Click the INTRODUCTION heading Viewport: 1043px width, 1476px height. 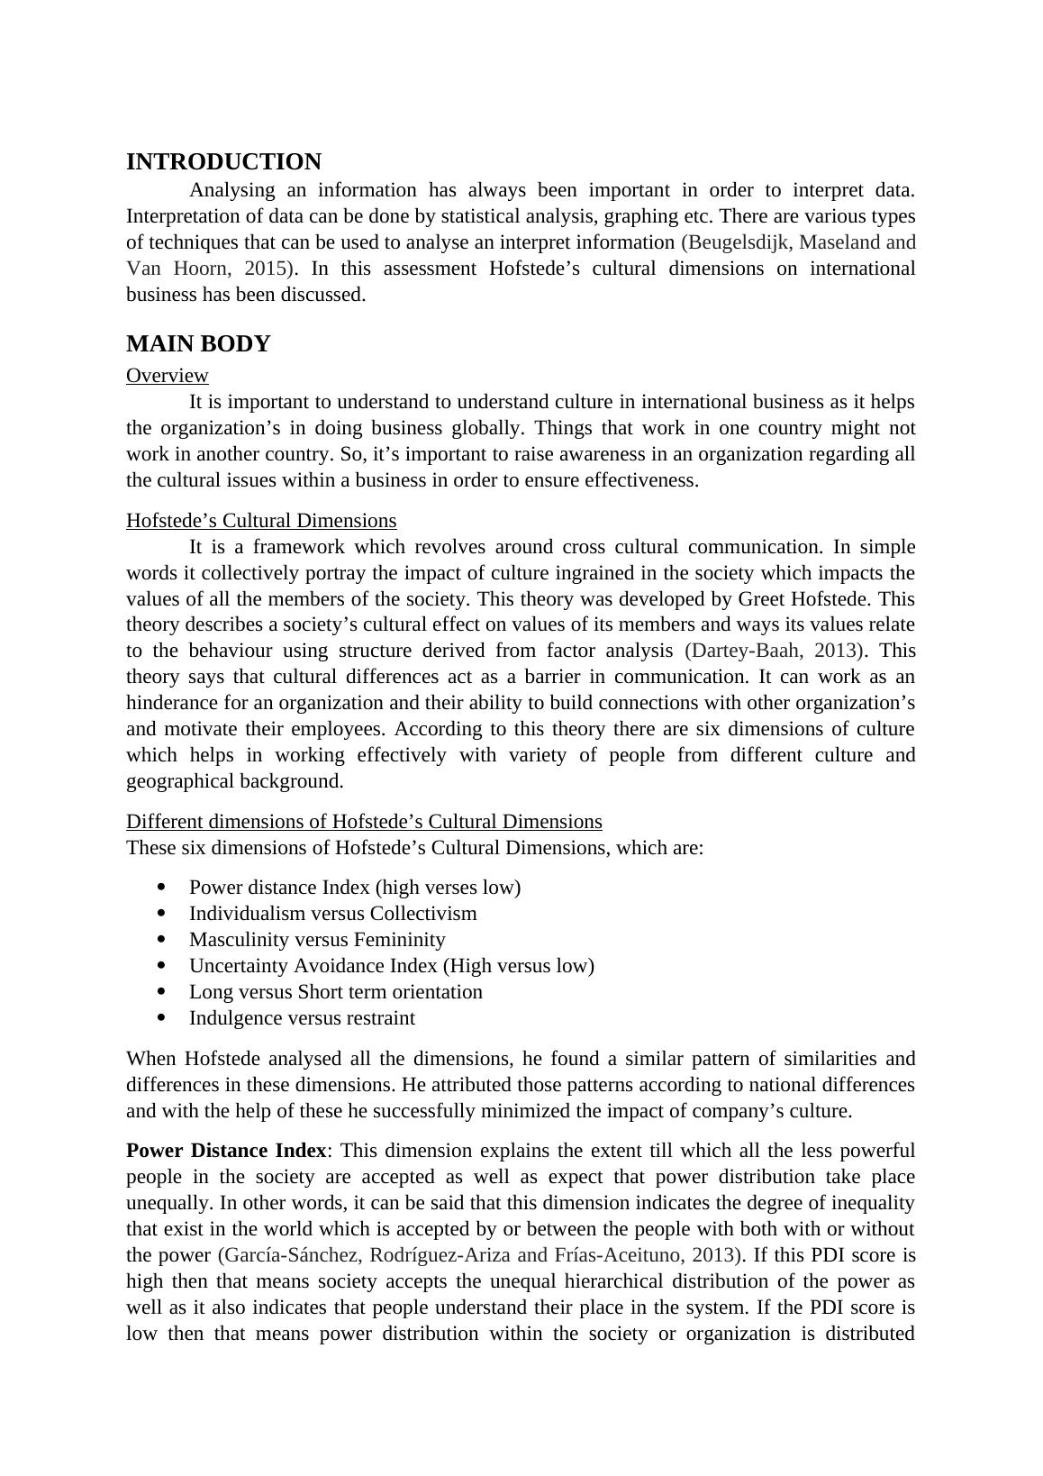click(x=223, y=162)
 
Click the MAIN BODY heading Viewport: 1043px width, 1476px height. click(x=198, y=344)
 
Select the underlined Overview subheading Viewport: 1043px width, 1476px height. click(x=168, y=376)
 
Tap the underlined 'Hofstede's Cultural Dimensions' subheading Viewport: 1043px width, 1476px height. click(x=261, y=521)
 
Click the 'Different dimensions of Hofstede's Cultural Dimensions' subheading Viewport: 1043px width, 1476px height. click(x=364, y=822)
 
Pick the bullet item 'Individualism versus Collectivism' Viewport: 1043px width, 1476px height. click(x=332, y=914)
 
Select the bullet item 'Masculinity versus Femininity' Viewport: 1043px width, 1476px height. click(x=317, y=940)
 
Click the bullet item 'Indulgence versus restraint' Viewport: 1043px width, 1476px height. click(x=302, y=1018)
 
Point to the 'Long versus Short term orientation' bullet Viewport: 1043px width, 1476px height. click(x=335, y=992)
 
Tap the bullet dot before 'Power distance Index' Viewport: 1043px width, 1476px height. click(x=162, y=888)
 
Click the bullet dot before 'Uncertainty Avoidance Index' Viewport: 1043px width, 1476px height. click(x=162, y=966)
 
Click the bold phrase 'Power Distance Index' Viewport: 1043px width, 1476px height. click(x=226, y=1151)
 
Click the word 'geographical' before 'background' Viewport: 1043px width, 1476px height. click(x=183, y=781)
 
